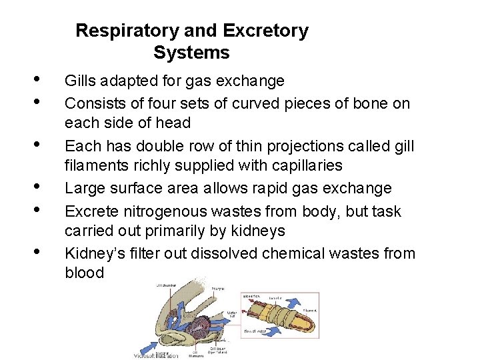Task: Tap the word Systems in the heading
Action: (x=191, y=53)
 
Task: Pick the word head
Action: (x=175, y=123)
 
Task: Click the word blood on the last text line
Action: (x=84, y=273)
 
